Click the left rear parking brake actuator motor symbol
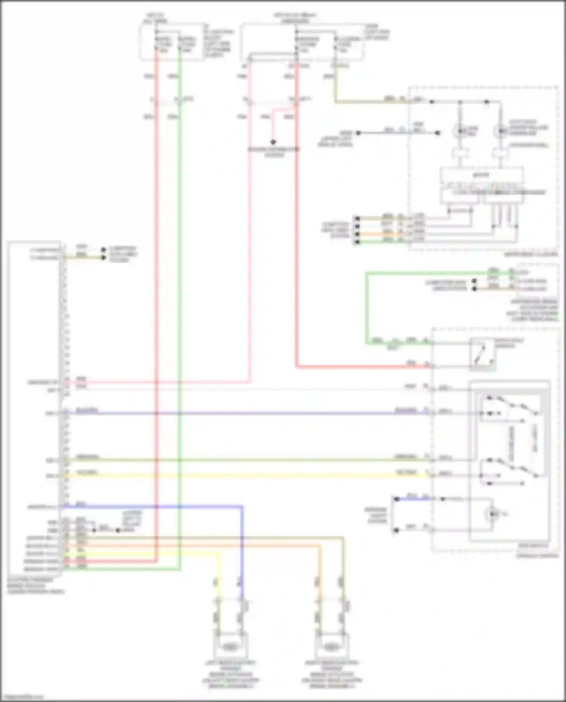tap(229, 647)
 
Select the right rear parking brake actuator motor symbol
tap(331, 647)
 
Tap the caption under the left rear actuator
tap(230, 675)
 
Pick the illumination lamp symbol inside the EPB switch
tap(492, 514)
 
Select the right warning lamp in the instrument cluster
tap(500, 131)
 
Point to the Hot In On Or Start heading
tap(295, 18)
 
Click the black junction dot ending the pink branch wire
tap(273, 142)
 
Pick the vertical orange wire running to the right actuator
tap(320, 562)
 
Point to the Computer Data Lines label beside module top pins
tap(123, 254)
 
